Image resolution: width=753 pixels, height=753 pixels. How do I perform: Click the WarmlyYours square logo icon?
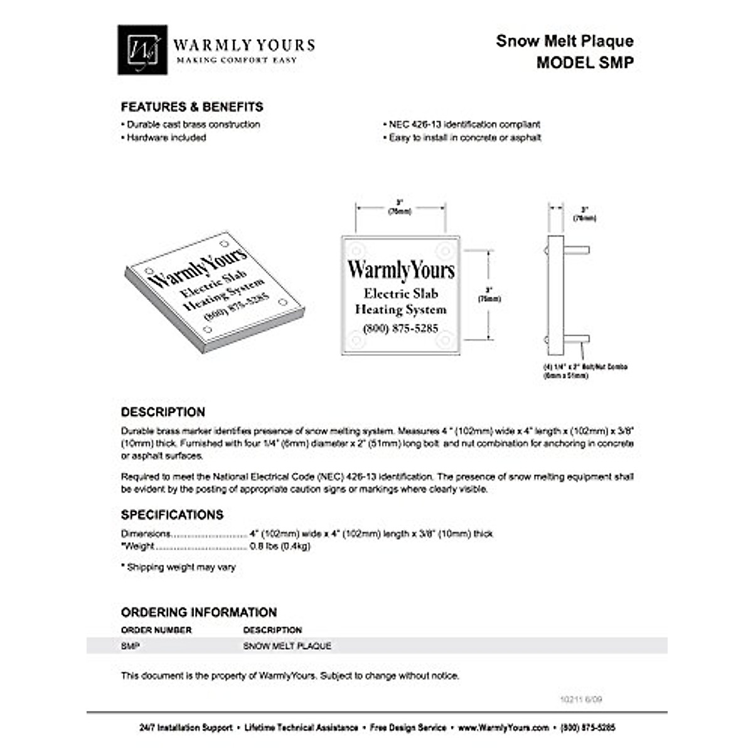(142, 50)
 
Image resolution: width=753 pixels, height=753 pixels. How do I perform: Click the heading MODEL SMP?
(584, 63)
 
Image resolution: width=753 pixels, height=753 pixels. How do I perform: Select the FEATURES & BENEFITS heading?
(192, 107)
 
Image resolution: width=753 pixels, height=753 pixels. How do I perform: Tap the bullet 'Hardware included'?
(166, 137)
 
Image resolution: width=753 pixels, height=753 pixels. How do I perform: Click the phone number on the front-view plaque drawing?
(400, 328)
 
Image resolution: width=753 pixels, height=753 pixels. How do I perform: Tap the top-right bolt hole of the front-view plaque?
(445, 251)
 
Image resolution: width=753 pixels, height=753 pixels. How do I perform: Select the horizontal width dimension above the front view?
(400, 207)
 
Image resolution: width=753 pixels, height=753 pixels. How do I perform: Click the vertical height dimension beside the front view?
(489, 295)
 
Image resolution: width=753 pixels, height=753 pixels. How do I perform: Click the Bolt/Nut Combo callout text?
(585, 371)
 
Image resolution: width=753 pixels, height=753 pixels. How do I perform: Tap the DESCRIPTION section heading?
(163, 412)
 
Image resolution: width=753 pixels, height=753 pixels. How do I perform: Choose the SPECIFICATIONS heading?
(172, 515)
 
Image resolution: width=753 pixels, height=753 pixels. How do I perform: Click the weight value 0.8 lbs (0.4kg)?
(280, 546)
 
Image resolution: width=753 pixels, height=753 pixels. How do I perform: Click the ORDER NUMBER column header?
(156, 630)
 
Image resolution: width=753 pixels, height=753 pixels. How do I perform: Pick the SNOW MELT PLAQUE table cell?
(287, 646)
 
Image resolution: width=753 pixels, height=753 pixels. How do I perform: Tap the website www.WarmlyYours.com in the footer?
(503, 728)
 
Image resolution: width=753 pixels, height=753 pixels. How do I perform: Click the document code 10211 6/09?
(581, 699)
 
